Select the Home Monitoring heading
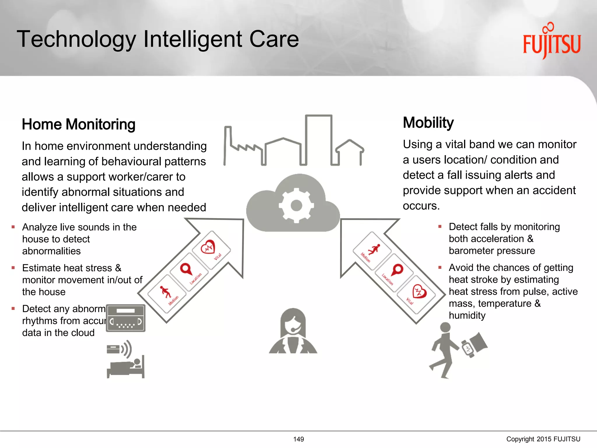tap(78, 125)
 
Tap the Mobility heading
tap(428, 123)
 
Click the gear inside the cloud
tap(296, 205)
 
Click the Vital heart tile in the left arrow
tap(211, 250)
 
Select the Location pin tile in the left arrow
tap(189, 272)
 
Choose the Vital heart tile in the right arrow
tap(416, 294)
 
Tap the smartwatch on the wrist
tap(468, 348)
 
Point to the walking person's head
tap(445, 327)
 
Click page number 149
tap(298, 439)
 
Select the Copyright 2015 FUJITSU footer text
tap(543, 439)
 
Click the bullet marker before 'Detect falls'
tap(440, 227)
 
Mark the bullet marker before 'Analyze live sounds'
tap(13, 227)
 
